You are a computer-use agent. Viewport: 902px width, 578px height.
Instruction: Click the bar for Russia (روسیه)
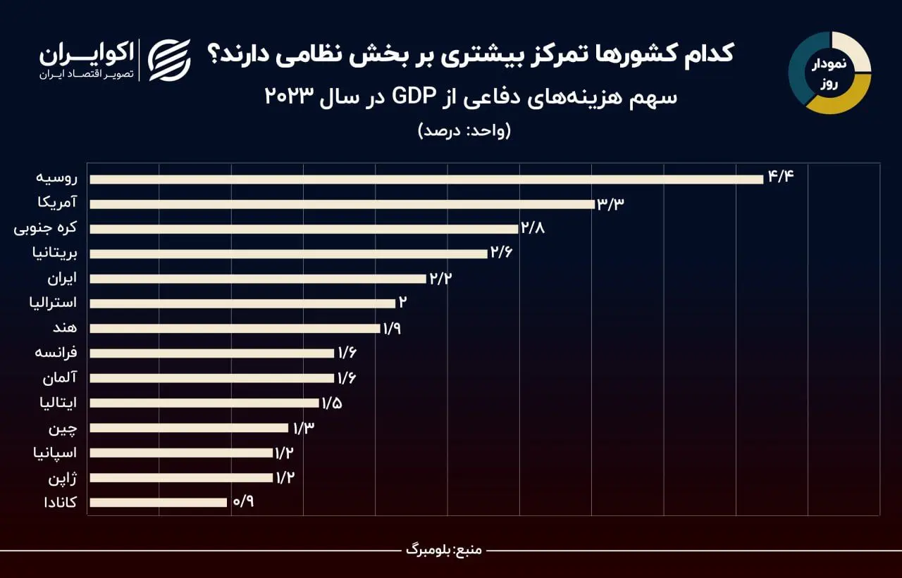426,180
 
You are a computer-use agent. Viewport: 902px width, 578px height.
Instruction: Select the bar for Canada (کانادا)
159,503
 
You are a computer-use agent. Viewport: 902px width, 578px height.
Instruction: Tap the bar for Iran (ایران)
258,279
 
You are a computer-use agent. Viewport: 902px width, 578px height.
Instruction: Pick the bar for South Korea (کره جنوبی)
304,229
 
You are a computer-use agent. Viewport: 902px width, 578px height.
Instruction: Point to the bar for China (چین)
189,428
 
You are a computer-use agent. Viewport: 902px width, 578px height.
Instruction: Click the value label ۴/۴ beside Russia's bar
781,176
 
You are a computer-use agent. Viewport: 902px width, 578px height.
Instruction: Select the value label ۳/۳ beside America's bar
611,204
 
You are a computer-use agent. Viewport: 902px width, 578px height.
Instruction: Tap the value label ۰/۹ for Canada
242,502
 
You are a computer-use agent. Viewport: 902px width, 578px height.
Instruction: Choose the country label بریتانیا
55,253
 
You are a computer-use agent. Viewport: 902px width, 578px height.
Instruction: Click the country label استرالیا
53,303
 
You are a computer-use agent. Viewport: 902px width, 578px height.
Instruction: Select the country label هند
65,327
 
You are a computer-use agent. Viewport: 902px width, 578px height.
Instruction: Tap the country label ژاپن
63,478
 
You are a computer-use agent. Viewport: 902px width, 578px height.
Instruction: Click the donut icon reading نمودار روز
829,73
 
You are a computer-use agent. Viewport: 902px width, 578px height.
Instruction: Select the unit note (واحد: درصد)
464,131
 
